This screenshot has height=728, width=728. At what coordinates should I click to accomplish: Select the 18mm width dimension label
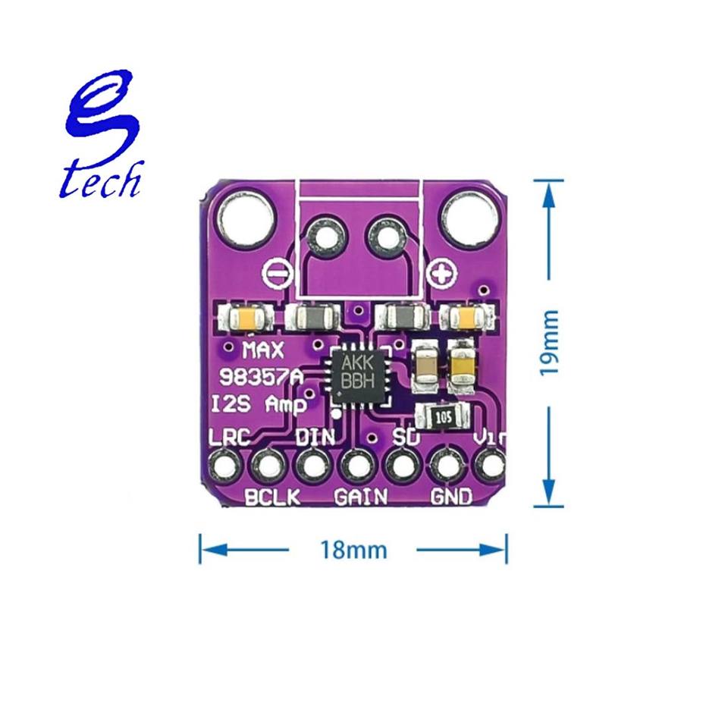coord(353,548)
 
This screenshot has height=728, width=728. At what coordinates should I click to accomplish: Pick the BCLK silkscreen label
coord(272,497)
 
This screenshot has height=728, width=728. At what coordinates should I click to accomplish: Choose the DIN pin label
coord(313,438)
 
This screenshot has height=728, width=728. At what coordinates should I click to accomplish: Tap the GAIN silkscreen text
coord(360,497)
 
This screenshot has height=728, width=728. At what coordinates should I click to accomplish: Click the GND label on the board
coord(451,497)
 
